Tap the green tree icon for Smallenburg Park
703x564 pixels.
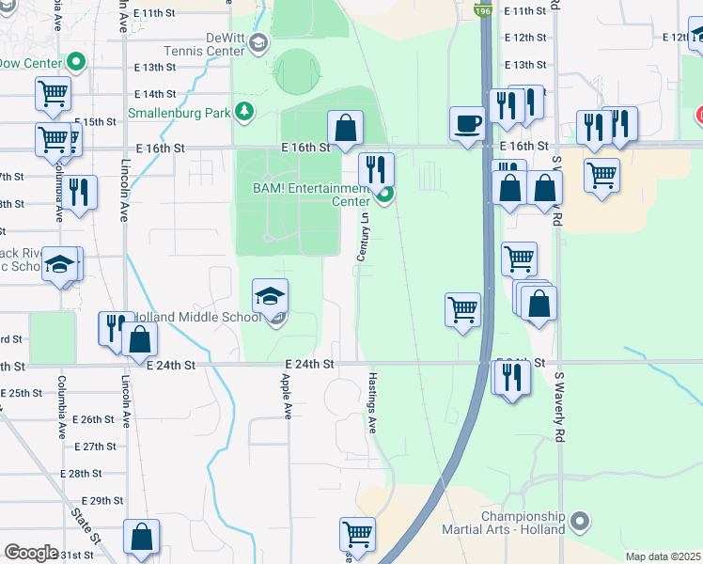coord(244,112)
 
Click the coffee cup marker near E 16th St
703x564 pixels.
coord(467,125)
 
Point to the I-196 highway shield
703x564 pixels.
coord(483,10)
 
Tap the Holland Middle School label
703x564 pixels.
coord(198,317)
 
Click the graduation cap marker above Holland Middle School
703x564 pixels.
coord(270,296)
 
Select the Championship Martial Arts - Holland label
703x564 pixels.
coord(523,523)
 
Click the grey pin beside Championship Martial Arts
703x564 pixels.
coord(580,521)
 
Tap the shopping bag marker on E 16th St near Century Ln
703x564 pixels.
coord(346,128)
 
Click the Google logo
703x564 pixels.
coord(31,553)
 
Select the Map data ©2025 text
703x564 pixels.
coord(663,556)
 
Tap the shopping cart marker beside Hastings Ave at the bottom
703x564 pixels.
coord(357,535)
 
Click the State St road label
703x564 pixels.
coord(86,525)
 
